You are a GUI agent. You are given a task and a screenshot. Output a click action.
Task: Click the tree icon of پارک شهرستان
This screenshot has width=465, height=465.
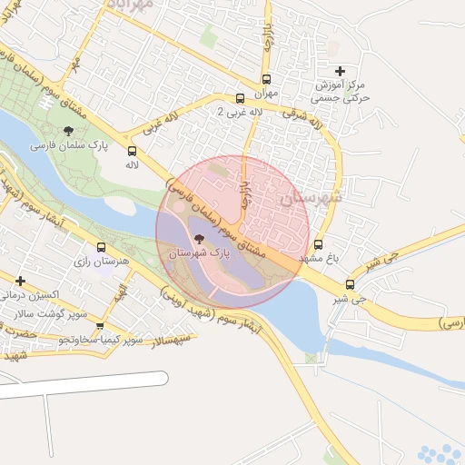click(x=200, y=240)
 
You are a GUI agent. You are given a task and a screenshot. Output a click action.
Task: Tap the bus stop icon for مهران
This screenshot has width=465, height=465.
click(x=266, y=79)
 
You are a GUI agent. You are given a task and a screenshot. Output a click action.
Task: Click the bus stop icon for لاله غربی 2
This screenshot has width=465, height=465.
click(x=240, y=98)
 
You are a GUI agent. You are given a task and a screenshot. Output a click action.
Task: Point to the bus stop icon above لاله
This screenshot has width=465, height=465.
click(x=133, y=152)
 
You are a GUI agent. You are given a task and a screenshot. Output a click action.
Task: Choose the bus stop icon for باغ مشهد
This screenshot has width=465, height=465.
click(x=318, y=244)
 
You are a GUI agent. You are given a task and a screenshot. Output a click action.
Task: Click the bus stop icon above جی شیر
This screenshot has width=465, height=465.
click(x=350, y=284)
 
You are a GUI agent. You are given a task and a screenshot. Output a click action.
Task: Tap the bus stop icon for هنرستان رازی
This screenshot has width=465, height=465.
click(x=101, y=247)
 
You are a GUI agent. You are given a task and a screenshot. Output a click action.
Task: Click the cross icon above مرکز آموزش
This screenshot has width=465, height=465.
click(x=340, y=70)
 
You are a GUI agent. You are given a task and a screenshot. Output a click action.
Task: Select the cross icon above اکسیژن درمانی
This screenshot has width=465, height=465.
click(x=20, y=281)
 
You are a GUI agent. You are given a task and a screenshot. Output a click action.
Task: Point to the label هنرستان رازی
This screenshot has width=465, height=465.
click(x=100, y=262)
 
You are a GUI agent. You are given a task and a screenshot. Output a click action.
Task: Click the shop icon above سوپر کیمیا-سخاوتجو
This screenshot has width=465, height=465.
click(x=100, y=326)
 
